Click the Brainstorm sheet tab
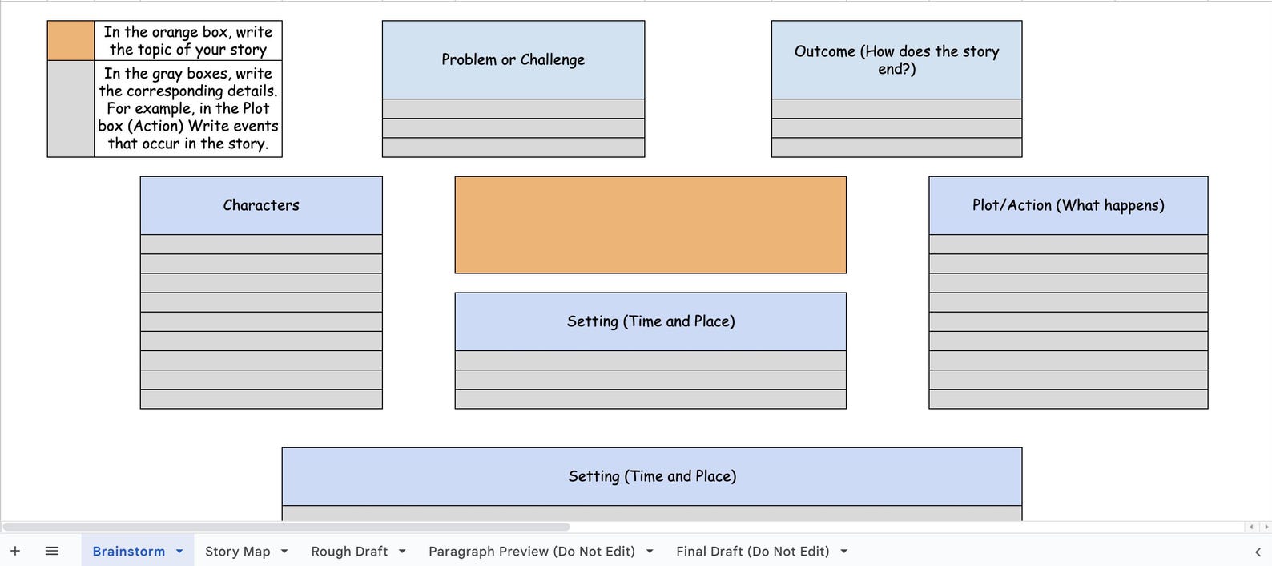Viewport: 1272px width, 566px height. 128,552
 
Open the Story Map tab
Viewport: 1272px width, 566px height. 237,552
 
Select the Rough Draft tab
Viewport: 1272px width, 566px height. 349,552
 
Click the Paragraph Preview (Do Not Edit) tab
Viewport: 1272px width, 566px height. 531,552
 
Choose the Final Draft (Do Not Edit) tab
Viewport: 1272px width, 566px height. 752,552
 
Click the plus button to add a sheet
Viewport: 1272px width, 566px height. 15,551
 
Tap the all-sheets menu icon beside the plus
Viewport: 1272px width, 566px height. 52,551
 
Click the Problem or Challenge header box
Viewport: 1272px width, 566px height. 513,60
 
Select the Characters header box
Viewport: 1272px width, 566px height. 261,205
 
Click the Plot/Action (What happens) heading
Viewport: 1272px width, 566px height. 1068,205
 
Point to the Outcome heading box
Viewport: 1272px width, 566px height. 896,60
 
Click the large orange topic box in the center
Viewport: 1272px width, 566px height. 650,225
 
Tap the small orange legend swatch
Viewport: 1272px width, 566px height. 70,41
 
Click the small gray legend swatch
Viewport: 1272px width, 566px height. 70,108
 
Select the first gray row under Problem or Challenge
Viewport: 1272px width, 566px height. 513,109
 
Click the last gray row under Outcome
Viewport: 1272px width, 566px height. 896,148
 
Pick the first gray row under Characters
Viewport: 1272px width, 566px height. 261,245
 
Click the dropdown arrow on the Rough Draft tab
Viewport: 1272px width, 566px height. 402,552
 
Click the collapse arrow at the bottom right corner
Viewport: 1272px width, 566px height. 1258,552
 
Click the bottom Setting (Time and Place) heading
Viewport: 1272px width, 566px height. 651,476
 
